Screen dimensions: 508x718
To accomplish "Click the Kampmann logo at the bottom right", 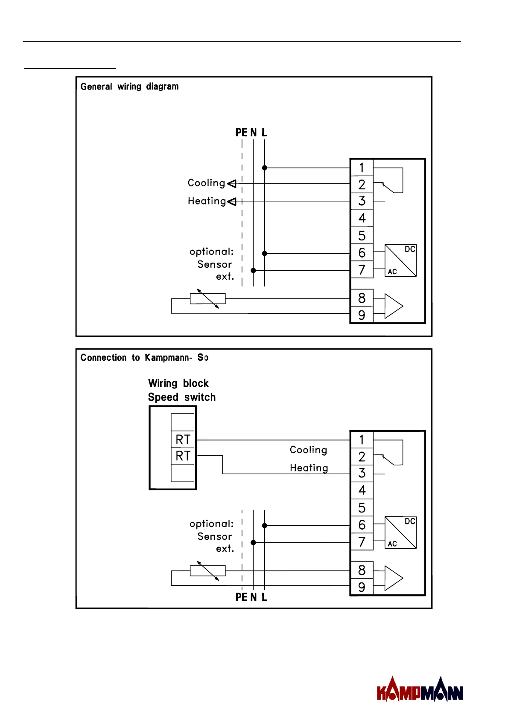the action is (x=420, y=689).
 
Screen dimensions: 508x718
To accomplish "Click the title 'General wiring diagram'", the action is (x=129, y=87).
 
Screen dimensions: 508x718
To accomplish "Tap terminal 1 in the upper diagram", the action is (x=362, y=168).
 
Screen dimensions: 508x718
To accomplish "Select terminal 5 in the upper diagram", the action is (x=362, y=236).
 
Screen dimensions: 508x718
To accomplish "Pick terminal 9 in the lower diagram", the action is (x=362, y=587).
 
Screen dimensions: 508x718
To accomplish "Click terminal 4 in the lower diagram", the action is (x=362, y=490).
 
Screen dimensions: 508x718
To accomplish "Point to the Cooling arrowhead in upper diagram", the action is (x=232, y=184).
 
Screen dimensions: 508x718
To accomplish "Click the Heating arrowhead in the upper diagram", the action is (x=232, y=202).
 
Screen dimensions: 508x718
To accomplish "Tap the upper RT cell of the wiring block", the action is (x=183, y=440).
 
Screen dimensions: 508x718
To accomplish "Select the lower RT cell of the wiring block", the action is (x=183, y=456).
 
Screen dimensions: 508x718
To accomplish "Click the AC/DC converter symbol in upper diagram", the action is (x=400, y=260).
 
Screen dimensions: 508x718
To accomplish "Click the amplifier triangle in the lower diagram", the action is (x=394, y=578).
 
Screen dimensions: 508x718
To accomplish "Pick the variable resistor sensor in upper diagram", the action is (x=207, y=299).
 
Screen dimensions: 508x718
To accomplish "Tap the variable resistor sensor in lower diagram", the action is (x=207, y=571).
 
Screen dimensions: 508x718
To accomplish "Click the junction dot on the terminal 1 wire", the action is (x=264, y=168).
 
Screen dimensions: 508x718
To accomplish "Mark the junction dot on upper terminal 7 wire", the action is (x=253, y=271).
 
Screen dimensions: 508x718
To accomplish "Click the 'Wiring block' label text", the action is (x=178, y=383).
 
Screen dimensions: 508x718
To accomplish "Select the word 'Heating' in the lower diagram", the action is (x=309, y=468).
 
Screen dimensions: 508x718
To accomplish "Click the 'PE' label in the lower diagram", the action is (x=241, y=597).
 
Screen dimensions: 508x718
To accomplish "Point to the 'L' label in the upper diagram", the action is (x=264, y=132).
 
